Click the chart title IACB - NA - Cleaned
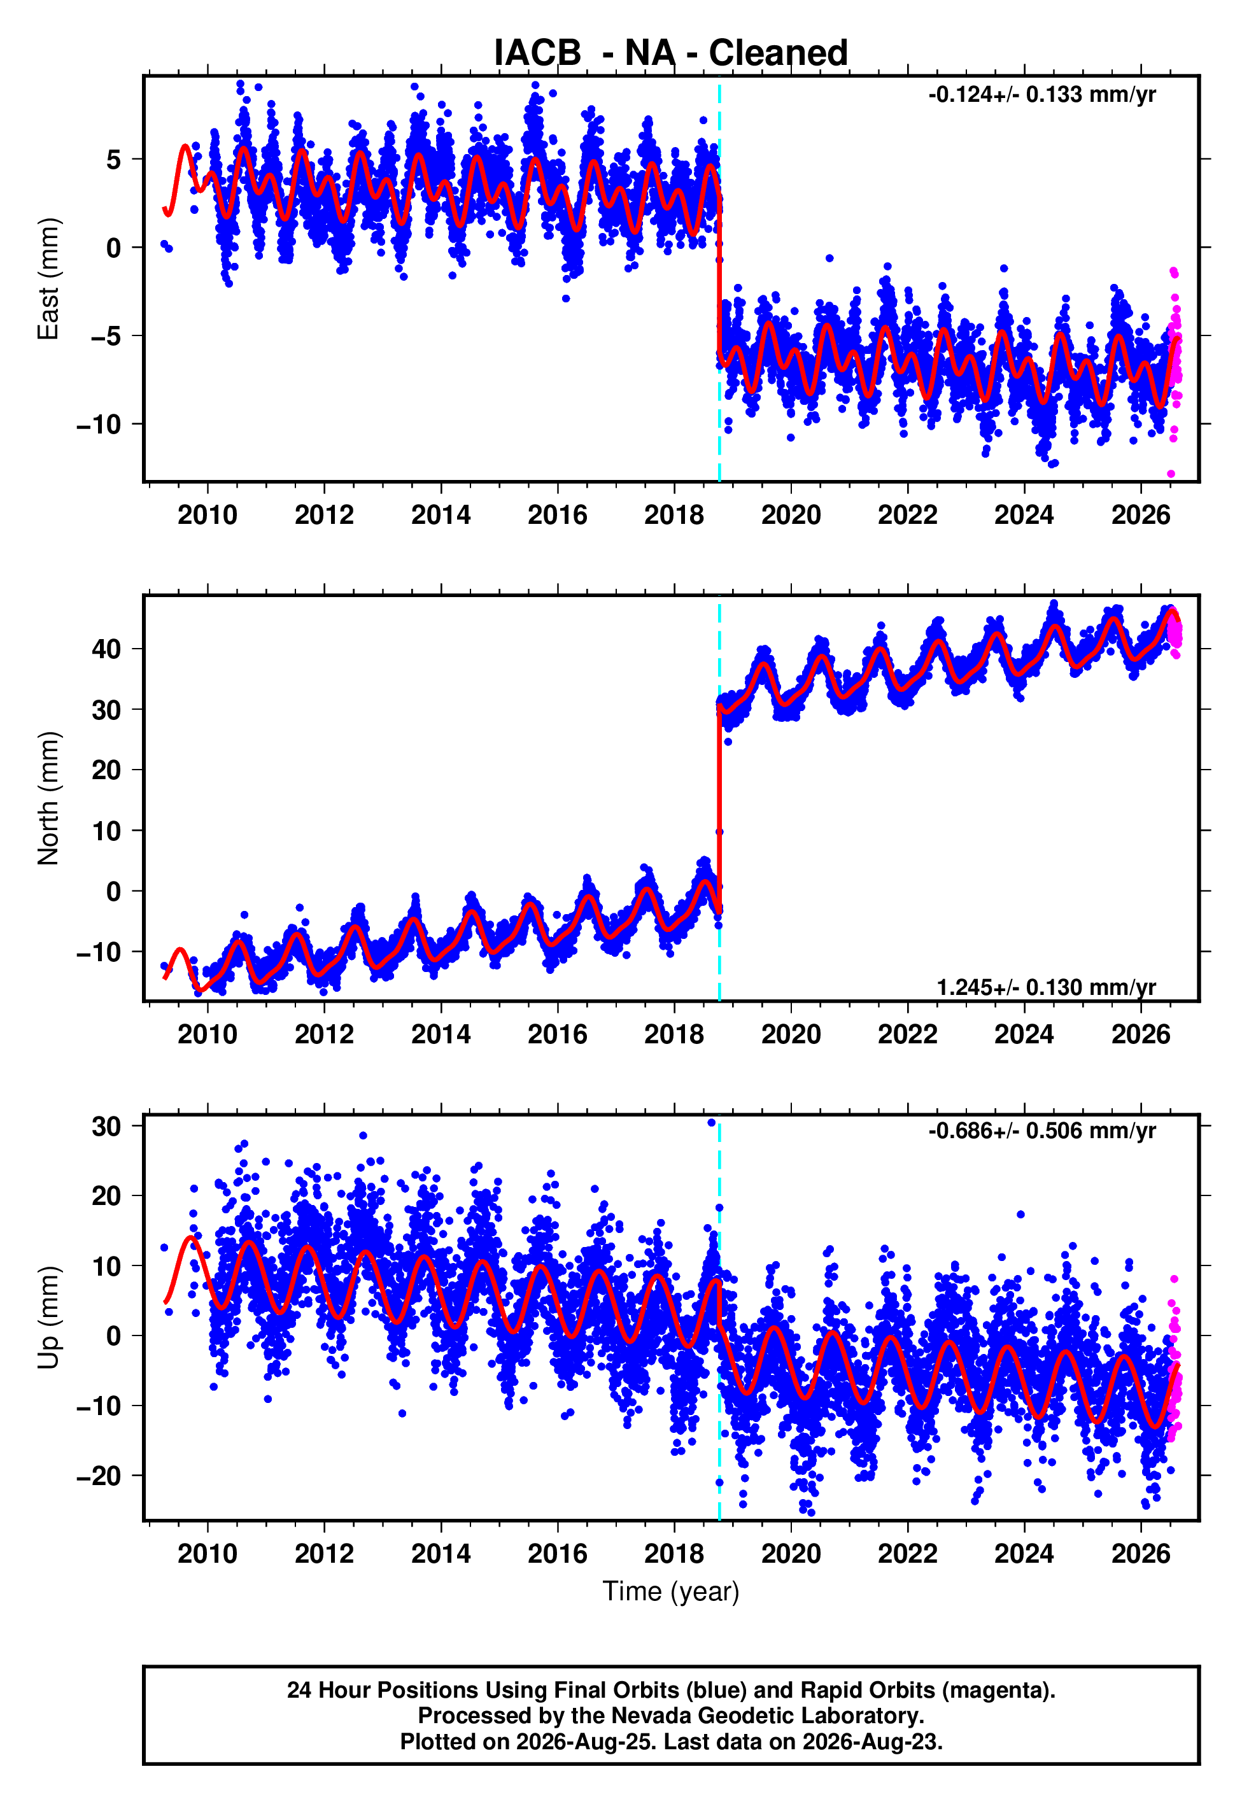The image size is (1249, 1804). click(x=671, y=53)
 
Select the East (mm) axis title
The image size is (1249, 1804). click(x=48, y=279)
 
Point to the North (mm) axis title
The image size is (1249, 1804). click(x=48, y=798)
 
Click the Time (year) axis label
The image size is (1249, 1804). click(x=671, y=1592)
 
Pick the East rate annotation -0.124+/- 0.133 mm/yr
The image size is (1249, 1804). click(x=1041, y=95)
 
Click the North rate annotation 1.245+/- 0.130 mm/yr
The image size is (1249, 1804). click(x=1047, y=987)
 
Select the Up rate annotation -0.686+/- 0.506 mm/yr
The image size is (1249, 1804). click(x=1041, y=1131)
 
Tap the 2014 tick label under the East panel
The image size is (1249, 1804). click(x=441, y=515)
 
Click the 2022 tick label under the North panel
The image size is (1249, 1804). click(x=907, y=1034)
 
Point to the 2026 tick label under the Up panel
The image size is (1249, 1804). click(x=1140, y=1554)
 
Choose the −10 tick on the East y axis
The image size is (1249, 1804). click(x=99, y=425)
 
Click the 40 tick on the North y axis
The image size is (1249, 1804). click(x=106, y=649)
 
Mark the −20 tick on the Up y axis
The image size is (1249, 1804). click(x=99, y=1476)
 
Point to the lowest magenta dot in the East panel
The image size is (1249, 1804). click(x=1171, y=474)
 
